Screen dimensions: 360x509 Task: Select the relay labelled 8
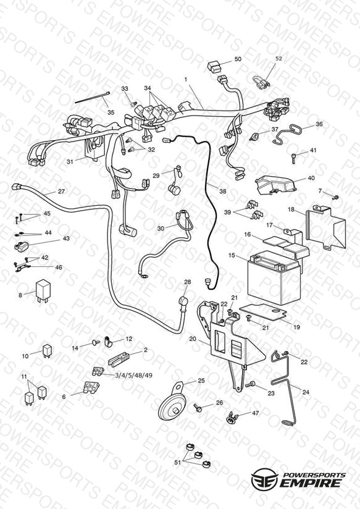tap(43, 290)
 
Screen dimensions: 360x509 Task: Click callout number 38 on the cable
tap(222, 191)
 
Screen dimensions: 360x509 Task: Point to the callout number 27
tap(61, 191)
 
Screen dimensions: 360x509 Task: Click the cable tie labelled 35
tap(92, 98)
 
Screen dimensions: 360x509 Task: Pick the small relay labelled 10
tap(47, 351)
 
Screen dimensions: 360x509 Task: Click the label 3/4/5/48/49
tap(133, 375)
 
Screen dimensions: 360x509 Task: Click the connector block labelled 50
tap(214, 67)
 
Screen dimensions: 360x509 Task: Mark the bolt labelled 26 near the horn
tap(198, 408)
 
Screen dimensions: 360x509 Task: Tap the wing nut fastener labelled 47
tap(232, 418)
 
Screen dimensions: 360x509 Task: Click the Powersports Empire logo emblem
tap(265, 478)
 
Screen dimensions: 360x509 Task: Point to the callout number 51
tap(178, 462)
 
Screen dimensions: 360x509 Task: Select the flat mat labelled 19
tap(264, 310)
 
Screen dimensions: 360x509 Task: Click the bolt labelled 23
tap(250, 385)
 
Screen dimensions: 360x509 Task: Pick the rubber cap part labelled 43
tap(22, 246)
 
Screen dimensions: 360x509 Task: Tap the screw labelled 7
tap(336, 196)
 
